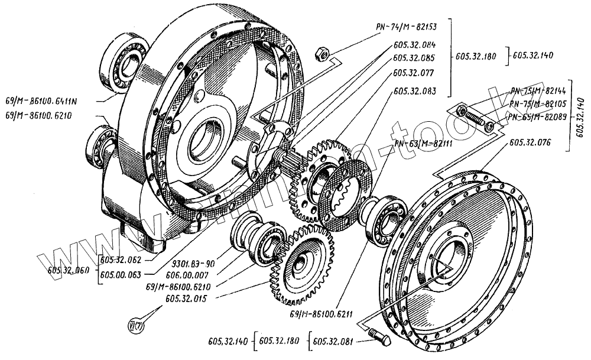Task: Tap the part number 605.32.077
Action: [413, 74]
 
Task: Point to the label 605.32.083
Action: [413, 92]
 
